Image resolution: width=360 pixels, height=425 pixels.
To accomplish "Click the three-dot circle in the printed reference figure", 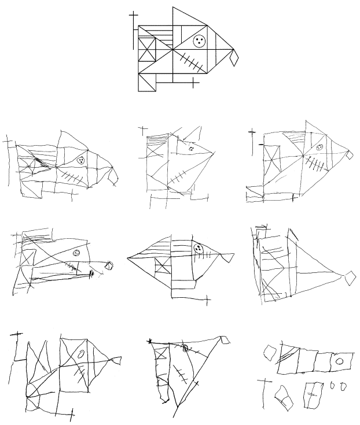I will [200, 40].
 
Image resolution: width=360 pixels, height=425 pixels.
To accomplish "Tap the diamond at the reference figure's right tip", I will [234, 57].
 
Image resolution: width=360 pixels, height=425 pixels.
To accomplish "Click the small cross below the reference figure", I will [192, 83].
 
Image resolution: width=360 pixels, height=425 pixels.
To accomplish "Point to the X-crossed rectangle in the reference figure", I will [147, 50].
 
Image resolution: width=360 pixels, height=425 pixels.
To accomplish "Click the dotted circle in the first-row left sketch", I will [82, 160].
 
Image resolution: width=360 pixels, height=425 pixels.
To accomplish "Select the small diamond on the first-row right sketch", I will [350, 155].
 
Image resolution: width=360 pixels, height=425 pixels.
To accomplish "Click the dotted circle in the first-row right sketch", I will [319, 148].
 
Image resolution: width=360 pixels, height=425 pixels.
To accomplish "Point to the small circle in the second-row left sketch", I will [76, 253].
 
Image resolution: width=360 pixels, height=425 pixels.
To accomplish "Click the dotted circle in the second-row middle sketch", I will [198, 249].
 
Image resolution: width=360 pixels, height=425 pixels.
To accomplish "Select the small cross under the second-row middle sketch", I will [208, 300].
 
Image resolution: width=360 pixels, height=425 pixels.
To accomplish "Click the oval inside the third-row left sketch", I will [82, 353].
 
